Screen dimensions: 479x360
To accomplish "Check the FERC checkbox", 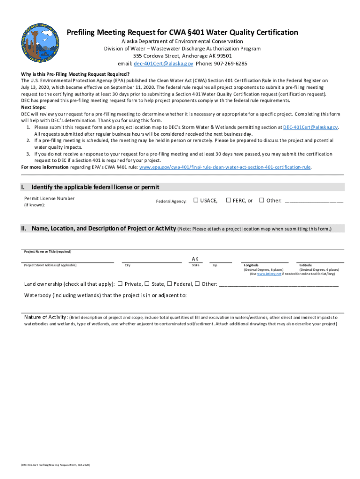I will tap(229, 201).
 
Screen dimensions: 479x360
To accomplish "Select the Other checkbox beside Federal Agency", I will tap(262, 201).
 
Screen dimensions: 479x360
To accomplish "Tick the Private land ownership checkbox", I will tap(120, 283).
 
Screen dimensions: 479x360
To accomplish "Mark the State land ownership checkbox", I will tap(147, 283).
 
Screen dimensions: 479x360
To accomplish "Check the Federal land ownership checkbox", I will tap(170, 283).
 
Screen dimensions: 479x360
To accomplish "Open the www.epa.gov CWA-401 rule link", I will tap(225, 167).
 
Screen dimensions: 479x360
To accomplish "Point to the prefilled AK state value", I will tap(195, 259).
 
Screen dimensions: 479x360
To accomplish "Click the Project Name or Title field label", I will tap(48, 252).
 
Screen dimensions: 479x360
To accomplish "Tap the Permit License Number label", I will tap(49, 198).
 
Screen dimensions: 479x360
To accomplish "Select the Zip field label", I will tap(215, 265).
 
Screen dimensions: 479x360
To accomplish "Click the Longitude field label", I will tap(251, 265).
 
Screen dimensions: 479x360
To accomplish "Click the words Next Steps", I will tap(33, 107).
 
